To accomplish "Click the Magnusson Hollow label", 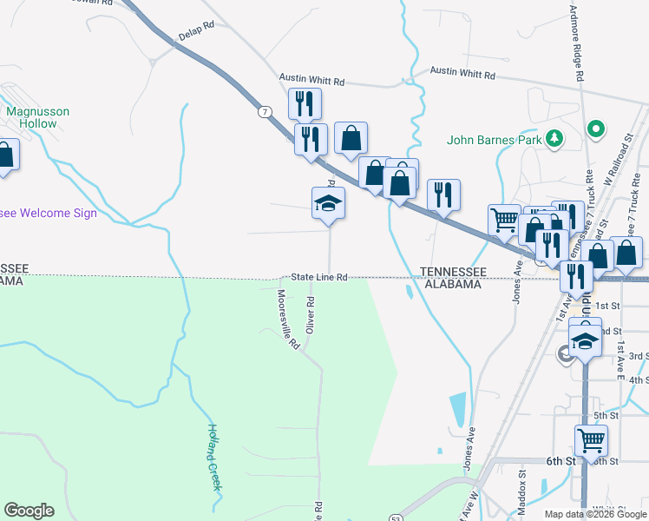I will point(37,117).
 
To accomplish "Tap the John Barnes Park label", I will point(494,139).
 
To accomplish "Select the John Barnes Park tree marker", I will point(554,138).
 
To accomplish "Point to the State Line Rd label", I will point(318,277).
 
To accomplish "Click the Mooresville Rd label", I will point(287,319).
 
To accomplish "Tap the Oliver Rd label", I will point(310,314).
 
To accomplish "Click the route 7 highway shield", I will point(264,111).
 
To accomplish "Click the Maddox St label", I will point(522,485).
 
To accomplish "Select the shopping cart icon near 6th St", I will point(591,439).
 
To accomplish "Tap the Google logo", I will point(29,511).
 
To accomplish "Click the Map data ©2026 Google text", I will point(594,514).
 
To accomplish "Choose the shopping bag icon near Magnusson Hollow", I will point(5,156).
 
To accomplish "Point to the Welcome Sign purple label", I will point(48,213).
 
